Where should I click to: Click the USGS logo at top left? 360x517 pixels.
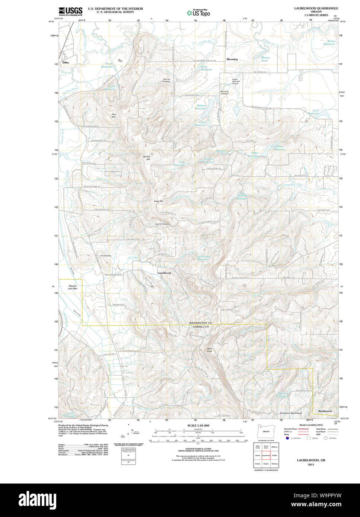click(71, 11)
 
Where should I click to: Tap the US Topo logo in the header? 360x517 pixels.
click(198, 13)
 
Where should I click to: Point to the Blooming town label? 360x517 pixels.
click(232, 59)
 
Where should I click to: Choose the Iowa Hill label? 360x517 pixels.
click(159, 201)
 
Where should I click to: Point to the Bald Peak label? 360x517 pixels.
click(210, 350)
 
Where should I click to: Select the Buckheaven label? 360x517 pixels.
click(325, 411)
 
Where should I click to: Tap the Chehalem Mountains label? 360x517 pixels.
click(291, 413)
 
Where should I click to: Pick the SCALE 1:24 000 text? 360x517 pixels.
click(198, 425)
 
